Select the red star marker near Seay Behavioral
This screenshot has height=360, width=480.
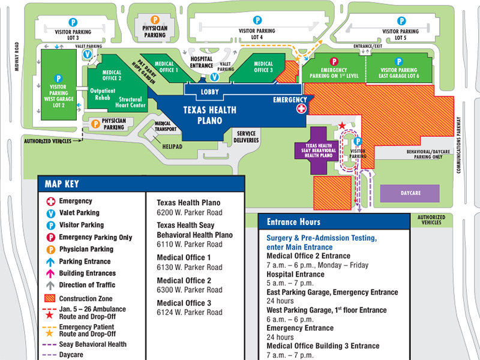(x=342, y=125)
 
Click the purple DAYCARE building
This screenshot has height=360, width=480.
(x=410, y=194)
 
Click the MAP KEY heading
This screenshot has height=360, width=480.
(x=61, y=184)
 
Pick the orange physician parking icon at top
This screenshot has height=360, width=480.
(x=154, y=19)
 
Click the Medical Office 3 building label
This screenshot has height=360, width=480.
(x=263, y=67)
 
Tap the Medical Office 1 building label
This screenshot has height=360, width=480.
(x=164, y=66)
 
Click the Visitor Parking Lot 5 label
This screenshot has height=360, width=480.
(x=401, y=34)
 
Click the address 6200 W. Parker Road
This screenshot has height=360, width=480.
(x=189, y=212)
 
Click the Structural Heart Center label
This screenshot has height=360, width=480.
(x=131, y=103)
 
